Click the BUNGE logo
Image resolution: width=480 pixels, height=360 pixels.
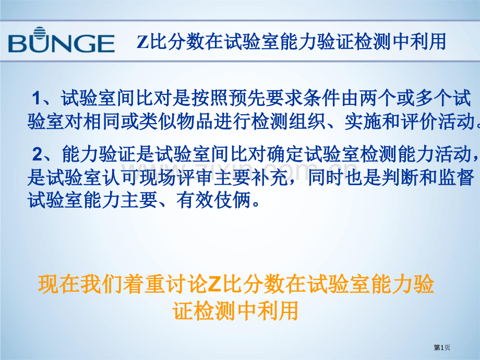[x=62, y=42]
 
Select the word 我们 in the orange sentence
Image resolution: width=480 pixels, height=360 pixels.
[x=99, y=285]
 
